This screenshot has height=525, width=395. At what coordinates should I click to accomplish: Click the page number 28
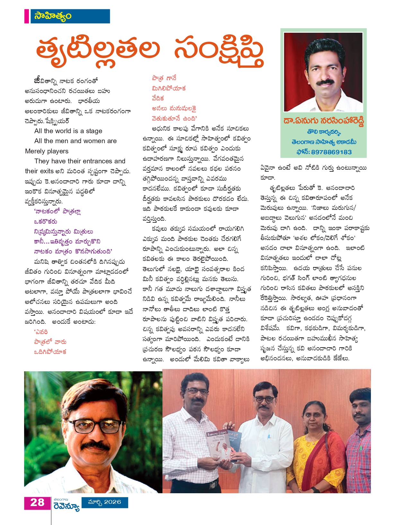pyautogui.click(x=37, y=502)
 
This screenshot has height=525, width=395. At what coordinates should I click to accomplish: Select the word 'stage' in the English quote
pyautogui.click(x=94, y=131)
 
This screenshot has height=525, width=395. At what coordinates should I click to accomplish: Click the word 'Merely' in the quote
pyautogui.click(x=35, y=151)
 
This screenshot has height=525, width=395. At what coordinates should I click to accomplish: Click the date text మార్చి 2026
pyautogui.click(x=105, y=502)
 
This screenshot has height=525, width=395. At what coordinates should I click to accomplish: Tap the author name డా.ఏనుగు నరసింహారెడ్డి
pyautogui.click(x=323, y=121)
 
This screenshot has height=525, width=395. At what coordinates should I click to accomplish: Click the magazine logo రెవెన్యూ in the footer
pyautogui.click(x=67, y=506)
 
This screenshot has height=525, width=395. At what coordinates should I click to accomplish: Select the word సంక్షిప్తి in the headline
pyautogui.click(x=218, y=51)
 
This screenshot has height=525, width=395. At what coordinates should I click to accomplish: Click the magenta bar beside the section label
pyautogui.click(x=27, y=16)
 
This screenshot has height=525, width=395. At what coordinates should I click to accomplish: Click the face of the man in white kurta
pyautogui.click(x=265, y=401)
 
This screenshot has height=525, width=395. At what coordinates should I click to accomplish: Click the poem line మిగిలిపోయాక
pyautogui.click(x=169, y=89)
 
